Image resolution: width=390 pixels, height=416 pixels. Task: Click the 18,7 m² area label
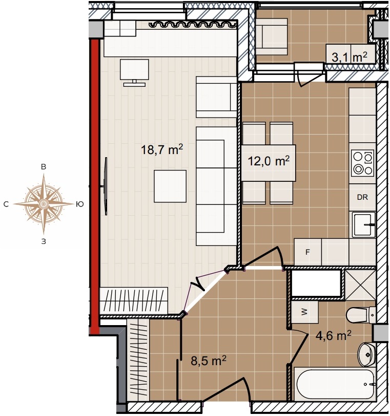point(162,150)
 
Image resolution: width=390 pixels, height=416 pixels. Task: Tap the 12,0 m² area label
point(269,161)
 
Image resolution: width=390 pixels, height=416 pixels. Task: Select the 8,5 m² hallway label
point(209,361)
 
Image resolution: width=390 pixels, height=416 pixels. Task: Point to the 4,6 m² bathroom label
point(333,335)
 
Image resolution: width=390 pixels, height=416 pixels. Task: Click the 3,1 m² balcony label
point(349,57)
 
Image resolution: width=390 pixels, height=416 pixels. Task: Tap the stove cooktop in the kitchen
point(362,163)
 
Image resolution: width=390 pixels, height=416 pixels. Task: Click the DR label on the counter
point(362,197)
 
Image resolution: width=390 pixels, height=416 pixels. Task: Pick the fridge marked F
point(307,252)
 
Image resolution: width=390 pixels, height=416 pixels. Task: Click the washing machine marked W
point(304,312)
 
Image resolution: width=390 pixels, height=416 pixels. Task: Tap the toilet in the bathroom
point(361,315)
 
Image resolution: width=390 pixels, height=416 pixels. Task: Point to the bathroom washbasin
point(367,354)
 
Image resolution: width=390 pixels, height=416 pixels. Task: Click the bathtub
point(335,384)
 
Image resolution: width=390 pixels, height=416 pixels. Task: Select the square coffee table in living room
point(170,186)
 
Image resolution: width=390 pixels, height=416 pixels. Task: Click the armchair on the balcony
point(272,37)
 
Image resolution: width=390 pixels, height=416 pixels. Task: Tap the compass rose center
point(44,204)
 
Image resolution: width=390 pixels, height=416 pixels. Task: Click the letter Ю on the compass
point(80,204)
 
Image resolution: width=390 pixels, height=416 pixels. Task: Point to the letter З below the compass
point(44,241)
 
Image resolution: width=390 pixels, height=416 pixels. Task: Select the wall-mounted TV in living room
point(106,186)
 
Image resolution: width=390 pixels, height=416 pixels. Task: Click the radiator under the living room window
point(193,25)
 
